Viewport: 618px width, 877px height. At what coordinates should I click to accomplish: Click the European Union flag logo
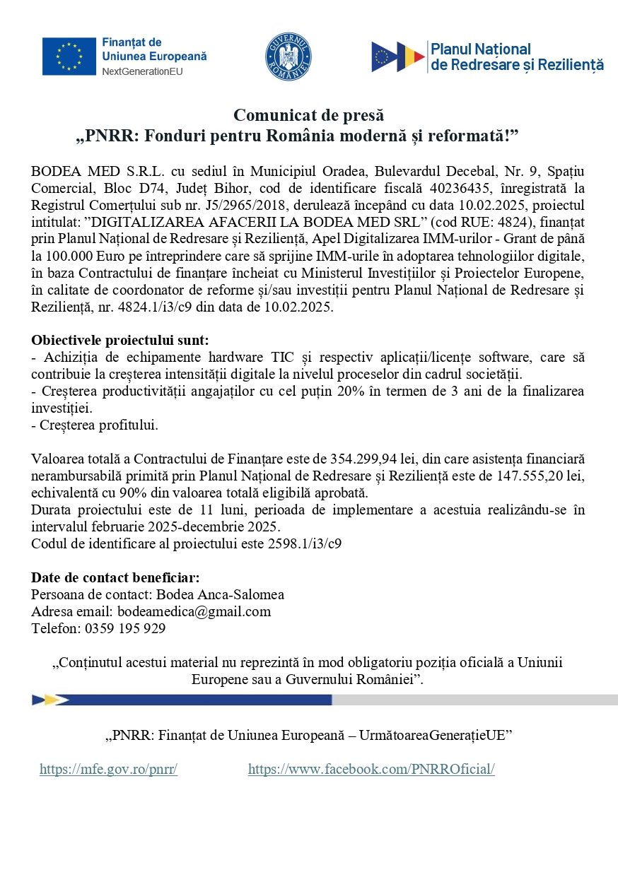(69, 57)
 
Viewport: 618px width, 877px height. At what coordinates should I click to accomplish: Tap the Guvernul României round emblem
(288, 57)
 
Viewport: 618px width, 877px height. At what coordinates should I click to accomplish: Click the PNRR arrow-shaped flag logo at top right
(398, 57)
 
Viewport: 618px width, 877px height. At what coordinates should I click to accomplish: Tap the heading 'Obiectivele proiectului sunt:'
(120, 341)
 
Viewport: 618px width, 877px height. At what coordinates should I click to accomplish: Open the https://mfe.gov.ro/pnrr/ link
(108, 770)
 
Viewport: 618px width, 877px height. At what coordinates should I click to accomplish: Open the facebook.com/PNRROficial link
(371, 770)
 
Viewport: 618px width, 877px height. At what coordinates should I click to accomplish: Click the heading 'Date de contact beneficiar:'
(115, 578)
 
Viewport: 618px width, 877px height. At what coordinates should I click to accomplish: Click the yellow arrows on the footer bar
(50, 700)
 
